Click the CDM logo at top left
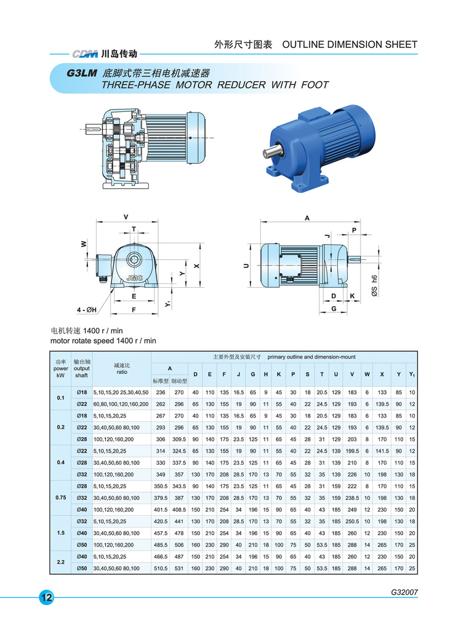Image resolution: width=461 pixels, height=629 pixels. point(85,53)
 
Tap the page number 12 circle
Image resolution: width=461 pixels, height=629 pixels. point(47,598)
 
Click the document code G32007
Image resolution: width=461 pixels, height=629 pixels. point(404,592)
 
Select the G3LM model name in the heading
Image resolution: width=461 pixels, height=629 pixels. point(82,73)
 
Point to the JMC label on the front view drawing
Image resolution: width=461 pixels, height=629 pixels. point(134,278)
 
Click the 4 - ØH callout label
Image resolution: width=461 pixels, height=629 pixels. point(87,310)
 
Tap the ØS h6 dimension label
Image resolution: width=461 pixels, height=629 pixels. point(374,286)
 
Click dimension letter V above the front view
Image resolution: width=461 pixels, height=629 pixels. point(126,217)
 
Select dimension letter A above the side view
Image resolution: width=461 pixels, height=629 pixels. point(307,218)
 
